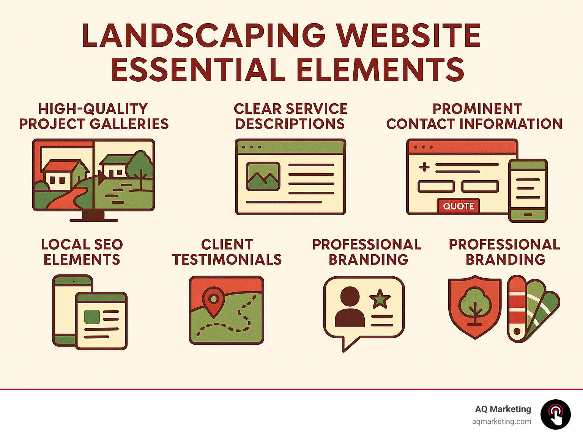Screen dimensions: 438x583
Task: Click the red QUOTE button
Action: (x=458, y=206)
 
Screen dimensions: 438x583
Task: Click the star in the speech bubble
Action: (x=380, y=299)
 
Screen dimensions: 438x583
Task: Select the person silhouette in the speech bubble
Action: (x=350, y=307)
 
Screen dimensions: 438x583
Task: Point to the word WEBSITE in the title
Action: (x=409, y=36)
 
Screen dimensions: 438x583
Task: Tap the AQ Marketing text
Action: (x=503, y=409)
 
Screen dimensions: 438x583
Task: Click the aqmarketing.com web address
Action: (x=501, y=421)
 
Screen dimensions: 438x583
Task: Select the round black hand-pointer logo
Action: (x=555, y=414)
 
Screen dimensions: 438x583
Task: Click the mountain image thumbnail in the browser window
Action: (x=263, y=176)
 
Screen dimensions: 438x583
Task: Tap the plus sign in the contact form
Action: (x=424, y=167)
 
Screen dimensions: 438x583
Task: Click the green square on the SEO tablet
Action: (x=92, y=317)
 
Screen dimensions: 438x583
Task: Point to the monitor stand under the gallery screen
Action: (x=93, y=216)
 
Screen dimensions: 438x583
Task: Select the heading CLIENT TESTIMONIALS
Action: (x=227, y=252)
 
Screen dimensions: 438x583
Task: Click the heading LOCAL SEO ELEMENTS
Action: (x=82, y=252)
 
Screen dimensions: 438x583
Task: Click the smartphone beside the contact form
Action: (x=528, y=191)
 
